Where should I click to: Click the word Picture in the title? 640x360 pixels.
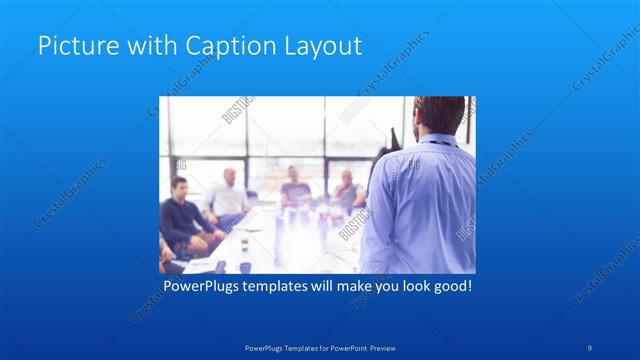[71, 45]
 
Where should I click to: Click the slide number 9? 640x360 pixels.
[590, 347]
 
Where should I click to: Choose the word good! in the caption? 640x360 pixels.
[451, 287]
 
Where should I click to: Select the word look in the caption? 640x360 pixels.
[408, 287]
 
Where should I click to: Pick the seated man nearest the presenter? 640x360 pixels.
[346, 189]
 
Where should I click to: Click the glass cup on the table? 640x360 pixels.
[244, 243]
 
